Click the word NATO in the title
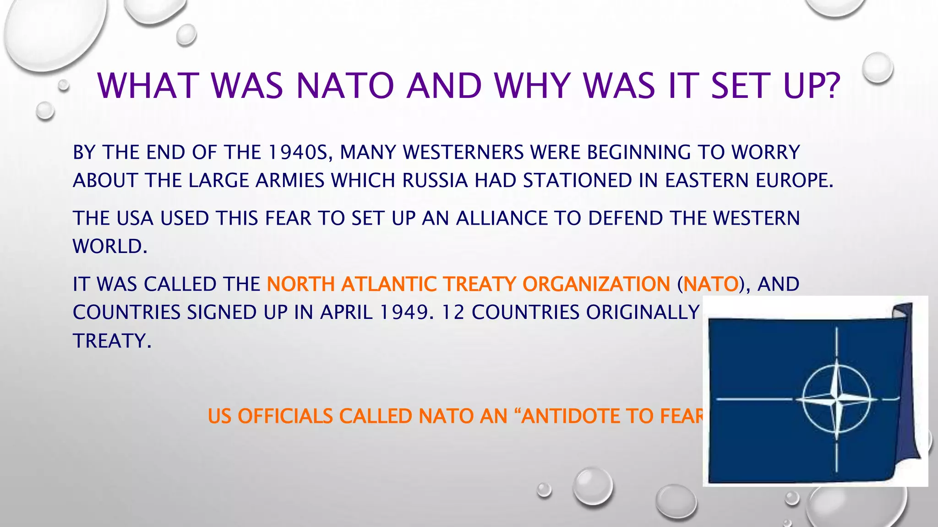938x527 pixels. pyautogui.click(x=345, y=86)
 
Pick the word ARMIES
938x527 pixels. pyautogui.click(x=290, y=181)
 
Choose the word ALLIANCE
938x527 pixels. pyautogui.click(x=502, y=218)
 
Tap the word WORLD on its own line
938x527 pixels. pyautogui.click(x=109, y=247)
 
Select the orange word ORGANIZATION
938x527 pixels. pyautogui.click(x=596, y=284)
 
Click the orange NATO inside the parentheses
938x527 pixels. pyautogui.click(x=711, y=284)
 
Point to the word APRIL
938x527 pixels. pyautogui.click(x=346, y=312)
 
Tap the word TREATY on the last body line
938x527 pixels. pyautogui.click(x=111, y=341)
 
